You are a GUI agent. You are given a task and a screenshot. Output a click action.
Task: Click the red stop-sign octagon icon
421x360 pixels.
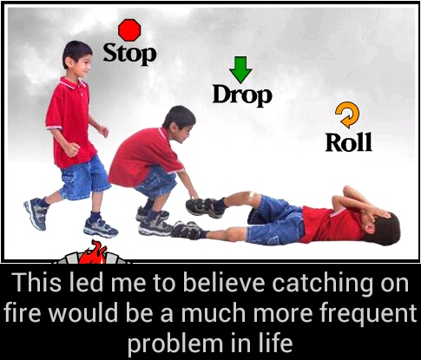click(129, 30)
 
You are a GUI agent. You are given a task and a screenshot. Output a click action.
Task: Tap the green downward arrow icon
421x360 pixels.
click(240, 69)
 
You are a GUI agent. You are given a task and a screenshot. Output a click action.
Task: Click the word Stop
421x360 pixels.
click(130, 54)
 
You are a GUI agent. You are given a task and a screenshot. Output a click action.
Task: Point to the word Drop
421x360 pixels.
click(242, 95)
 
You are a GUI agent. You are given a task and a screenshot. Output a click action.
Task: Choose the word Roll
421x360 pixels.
click(348, 141)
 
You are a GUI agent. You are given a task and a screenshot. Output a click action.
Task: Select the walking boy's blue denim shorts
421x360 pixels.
click(84, 177)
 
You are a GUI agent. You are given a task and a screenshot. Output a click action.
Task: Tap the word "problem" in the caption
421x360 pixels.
click(174, 343)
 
